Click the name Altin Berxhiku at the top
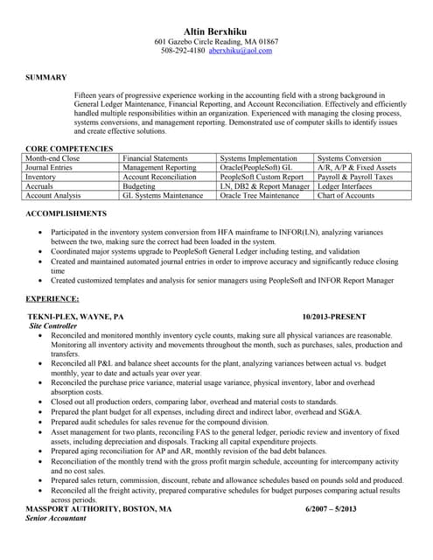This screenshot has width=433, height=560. click(216, 31)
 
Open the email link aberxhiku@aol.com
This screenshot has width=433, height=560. click(240, 51)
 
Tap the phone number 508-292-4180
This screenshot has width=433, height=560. click(183, 51)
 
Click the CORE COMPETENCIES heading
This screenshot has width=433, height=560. click(69, 149)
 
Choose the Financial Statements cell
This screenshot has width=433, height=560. click(155, 157)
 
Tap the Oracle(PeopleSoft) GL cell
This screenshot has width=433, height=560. click(255, 167)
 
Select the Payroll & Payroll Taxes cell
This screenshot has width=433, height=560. click(355, 177)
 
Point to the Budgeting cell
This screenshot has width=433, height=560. click(139, 186)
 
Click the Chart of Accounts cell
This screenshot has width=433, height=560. click(346, 196)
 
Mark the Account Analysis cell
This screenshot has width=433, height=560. click(53, 196)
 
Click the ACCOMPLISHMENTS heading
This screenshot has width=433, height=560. click(66, 213)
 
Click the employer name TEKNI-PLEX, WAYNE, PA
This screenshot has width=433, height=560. click(75, 315)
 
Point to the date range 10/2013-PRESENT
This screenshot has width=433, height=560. click(334, 315)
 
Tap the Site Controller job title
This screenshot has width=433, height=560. click(54, 325)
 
